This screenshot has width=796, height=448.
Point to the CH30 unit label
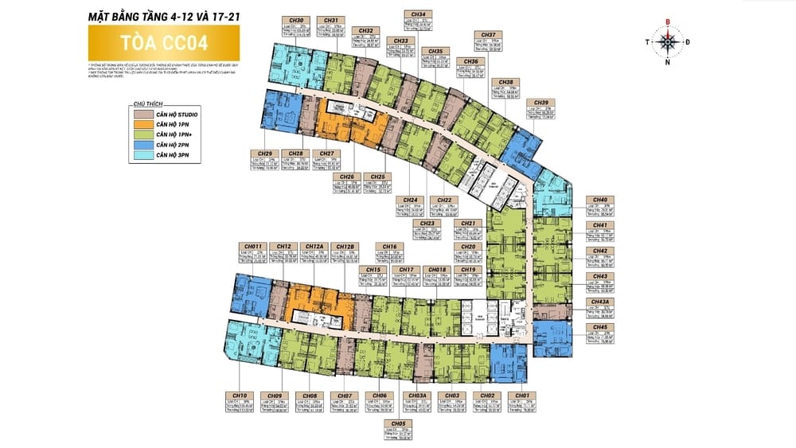(x=296, y=20)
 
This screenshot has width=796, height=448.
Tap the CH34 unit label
(x=419, y=14)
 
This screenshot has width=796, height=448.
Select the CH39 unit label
(x=541, y=103)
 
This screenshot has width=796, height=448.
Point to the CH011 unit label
(x=253, y=246)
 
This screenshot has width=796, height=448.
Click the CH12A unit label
(x=314, y=246)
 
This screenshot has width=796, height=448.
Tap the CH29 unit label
(x=266, y=154)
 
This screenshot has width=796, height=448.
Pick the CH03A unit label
(x=418, y=395)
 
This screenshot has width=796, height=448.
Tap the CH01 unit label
(x=522, y=395)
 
